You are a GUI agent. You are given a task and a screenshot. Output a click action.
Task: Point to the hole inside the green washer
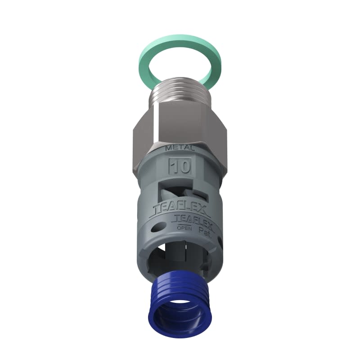[180, 63]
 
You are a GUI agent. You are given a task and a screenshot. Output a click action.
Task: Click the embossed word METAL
[180, 148]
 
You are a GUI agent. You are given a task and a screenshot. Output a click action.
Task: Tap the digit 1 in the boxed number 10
[174, 166]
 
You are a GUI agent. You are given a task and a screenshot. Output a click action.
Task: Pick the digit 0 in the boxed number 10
[184, 166]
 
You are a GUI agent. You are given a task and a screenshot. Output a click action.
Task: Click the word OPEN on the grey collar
[184, 228]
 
